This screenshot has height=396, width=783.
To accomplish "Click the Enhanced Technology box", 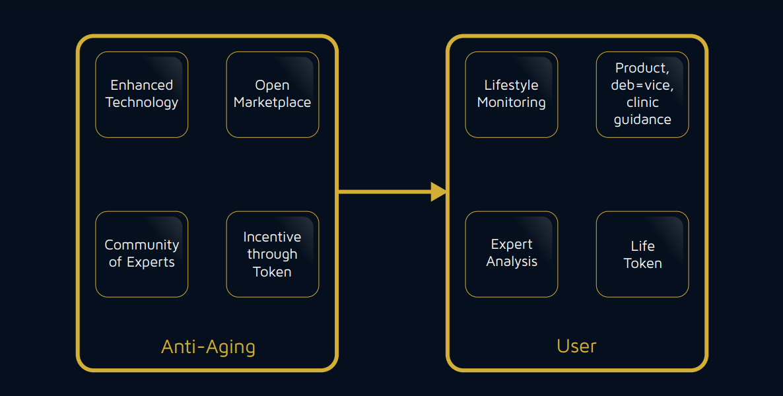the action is (x=142, y=94).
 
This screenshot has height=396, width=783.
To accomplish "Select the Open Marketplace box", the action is (x=273, y=94).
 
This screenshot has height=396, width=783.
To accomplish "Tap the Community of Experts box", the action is (x=142, y=254).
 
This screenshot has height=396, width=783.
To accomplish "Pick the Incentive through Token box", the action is (x=273, y=254).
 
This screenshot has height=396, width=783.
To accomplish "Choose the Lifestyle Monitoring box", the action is (x=512, y=94).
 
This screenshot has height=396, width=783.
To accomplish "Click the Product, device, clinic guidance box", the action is (x=642, y=94).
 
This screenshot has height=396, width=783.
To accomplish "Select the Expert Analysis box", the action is (x=512, y=254).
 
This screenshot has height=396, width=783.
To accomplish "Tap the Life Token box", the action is (x=642, y=254).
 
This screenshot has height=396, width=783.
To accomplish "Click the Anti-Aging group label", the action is (x=208, y=347).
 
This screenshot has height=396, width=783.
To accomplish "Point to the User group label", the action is (x=577, y=346).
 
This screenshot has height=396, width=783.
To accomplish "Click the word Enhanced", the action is (x=142, y=85).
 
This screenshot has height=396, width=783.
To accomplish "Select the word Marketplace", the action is (x=272, y=102).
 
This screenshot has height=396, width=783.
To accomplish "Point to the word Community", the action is (x=142, y=246).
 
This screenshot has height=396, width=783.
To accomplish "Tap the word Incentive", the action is (x=272, y=237).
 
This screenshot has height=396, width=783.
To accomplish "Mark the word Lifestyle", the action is (x=512, y=85).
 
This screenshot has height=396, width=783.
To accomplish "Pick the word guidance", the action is (x=642, y=120).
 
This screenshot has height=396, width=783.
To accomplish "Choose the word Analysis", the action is (x=512, y=261).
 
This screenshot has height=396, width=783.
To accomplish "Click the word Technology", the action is (x=142, y=102).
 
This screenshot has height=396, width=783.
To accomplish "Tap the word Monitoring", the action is (x=512, y=102).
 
